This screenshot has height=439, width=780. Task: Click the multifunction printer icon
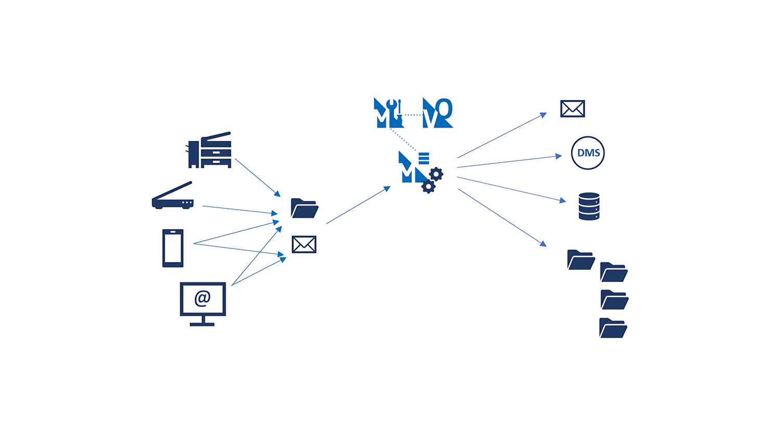tap(210, 151)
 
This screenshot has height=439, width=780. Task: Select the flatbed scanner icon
tap(173, 197)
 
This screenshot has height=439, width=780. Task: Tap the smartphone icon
tap(173, 248)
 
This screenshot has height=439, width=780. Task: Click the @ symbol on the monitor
tap(202, 298)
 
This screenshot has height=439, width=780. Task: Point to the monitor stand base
tap(202, 324)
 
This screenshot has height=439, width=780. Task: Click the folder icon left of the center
tap(304, 208)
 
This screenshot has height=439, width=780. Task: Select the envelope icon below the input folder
tap(304, 244)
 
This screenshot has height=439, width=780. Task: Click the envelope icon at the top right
tap(573, 109)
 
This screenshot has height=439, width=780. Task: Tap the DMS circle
tap(588, 153)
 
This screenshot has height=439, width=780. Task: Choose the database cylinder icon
tap(589, 206)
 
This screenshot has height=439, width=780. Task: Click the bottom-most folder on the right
tap(613, 328)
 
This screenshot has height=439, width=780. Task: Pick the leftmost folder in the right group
tap(581, 260)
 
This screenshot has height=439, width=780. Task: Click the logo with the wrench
tap(388, 113)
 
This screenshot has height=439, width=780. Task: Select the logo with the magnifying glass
tap(437, 113)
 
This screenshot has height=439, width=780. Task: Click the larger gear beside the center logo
tap(436, 174)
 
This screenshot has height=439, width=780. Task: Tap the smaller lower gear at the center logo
tap(428, 186)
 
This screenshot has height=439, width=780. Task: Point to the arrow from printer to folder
tap(257, 177)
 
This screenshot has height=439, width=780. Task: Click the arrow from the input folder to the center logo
tap(358, 205)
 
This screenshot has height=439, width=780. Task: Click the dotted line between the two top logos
tap(413, 115)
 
